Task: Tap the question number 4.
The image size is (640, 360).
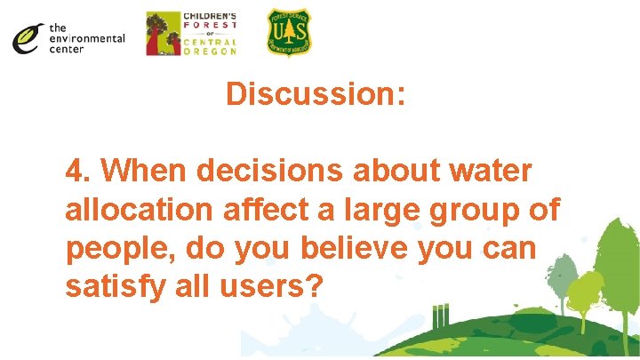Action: click(79, 171)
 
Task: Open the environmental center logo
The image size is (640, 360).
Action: click(68, 38)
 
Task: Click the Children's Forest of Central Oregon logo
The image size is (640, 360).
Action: click(190, 34)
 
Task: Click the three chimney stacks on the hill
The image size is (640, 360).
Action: click(438, 316)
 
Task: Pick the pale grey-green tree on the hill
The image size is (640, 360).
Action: click(561, 267)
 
